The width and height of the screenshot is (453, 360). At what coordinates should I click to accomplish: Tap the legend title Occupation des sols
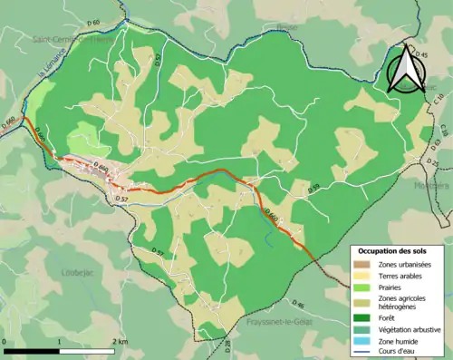(396, 250)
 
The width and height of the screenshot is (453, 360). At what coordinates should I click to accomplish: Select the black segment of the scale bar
(33, 350)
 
